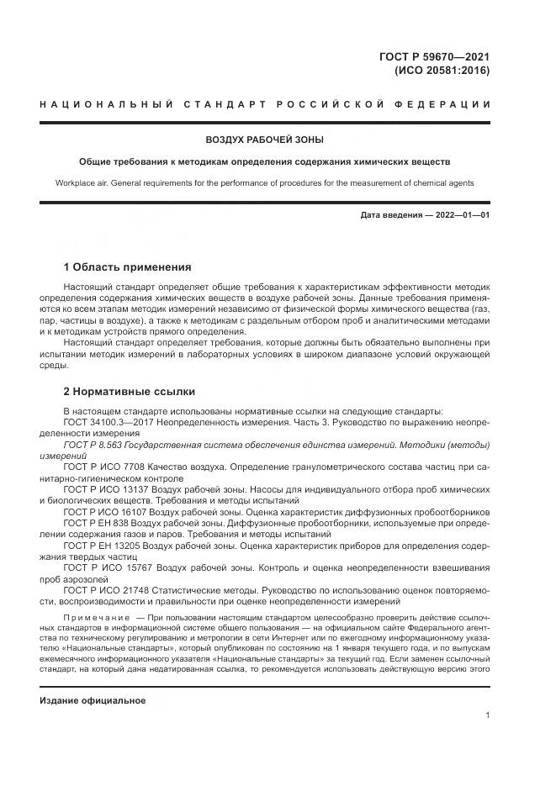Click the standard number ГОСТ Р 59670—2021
click(434, 57)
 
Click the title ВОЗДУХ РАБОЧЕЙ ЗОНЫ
click(265, 140)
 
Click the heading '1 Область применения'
click(128, 267)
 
